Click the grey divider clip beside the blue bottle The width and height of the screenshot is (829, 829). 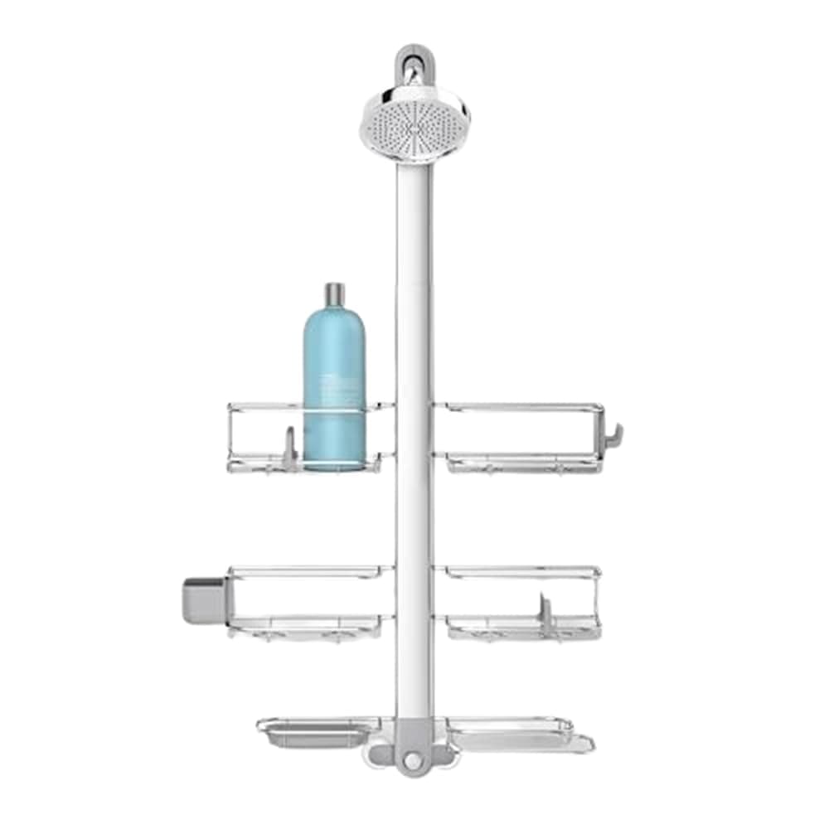coord(288,448)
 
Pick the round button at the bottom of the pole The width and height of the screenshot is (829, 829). coord(412,756)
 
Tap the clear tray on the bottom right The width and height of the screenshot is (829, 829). coord(518,734)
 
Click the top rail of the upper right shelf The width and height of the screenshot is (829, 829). coord(518,407)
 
